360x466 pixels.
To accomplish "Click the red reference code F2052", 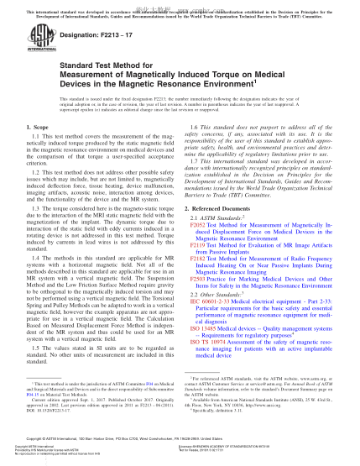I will click(197, 227).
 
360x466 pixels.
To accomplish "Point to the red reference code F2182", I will click(197, 259).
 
